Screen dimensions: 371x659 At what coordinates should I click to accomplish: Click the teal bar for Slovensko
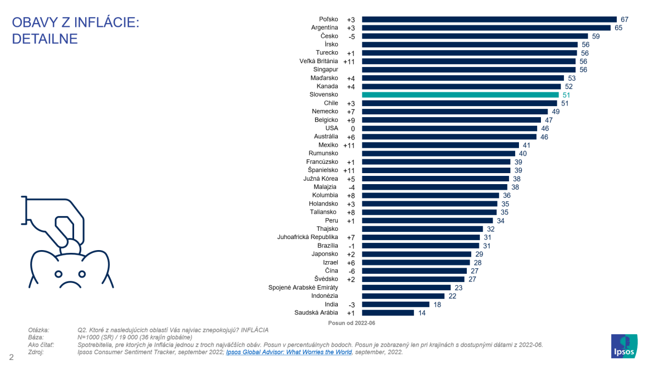point(460,95)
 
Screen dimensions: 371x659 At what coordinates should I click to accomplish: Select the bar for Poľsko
point(489,19)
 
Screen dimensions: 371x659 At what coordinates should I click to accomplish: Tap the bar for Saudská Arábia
point(388,313)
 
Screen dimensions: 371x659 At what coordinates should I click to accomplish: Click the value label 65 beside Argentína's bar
point(618,27)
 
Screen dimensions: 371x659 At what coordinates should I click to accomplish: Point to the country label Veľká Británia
point(319,61)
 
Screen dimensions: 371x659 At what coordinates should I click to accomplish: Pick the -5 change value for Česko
point(351,36)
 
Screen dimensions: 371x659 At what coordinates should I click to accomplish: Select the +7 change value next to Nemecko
point(351,112)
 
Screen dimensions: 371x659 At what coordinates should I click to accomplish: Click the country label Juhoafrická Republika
point(308,237)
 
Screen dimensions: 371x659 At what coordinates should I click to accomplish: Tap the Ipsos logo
point(624,347)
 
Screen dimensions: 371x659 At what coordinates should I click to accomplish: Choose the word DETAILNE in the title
point(45,39)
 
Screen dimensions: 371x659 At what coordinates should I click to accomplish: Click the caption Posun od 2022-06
point(352,323)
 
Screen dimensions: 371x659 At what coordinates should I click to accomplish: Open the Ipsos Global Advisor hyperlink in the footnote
point(289,352)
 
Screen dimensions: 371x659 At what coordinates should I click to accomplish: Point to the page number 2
point(11,358)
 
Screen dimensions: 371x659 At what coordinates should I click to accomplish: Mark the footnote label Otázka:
point(38,330)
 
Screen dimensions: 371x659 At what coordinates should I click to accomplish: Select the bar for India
point(395,304)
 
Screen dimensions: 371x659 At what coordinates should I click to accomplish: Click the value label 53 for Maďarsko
point(571,78)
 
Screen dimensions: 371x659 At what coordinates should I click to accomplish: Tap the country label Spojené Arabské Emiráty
point(303,287)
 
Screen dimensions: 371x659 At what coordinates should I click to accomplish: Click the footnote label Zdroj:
point(36,352)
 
